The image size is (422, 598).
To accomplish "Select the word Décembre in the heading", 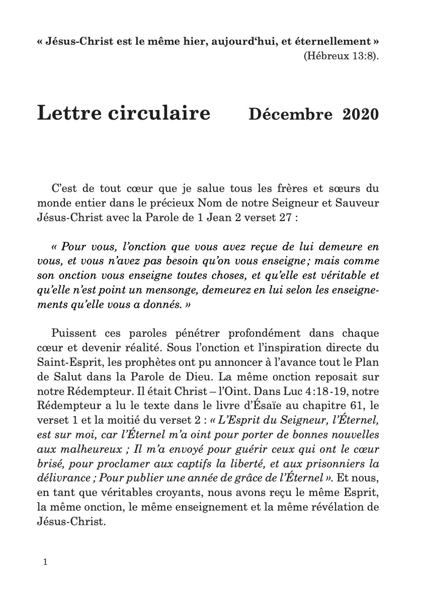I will pos(290,115).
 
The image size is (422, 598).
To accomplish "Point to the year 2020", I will pos(360,115).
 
